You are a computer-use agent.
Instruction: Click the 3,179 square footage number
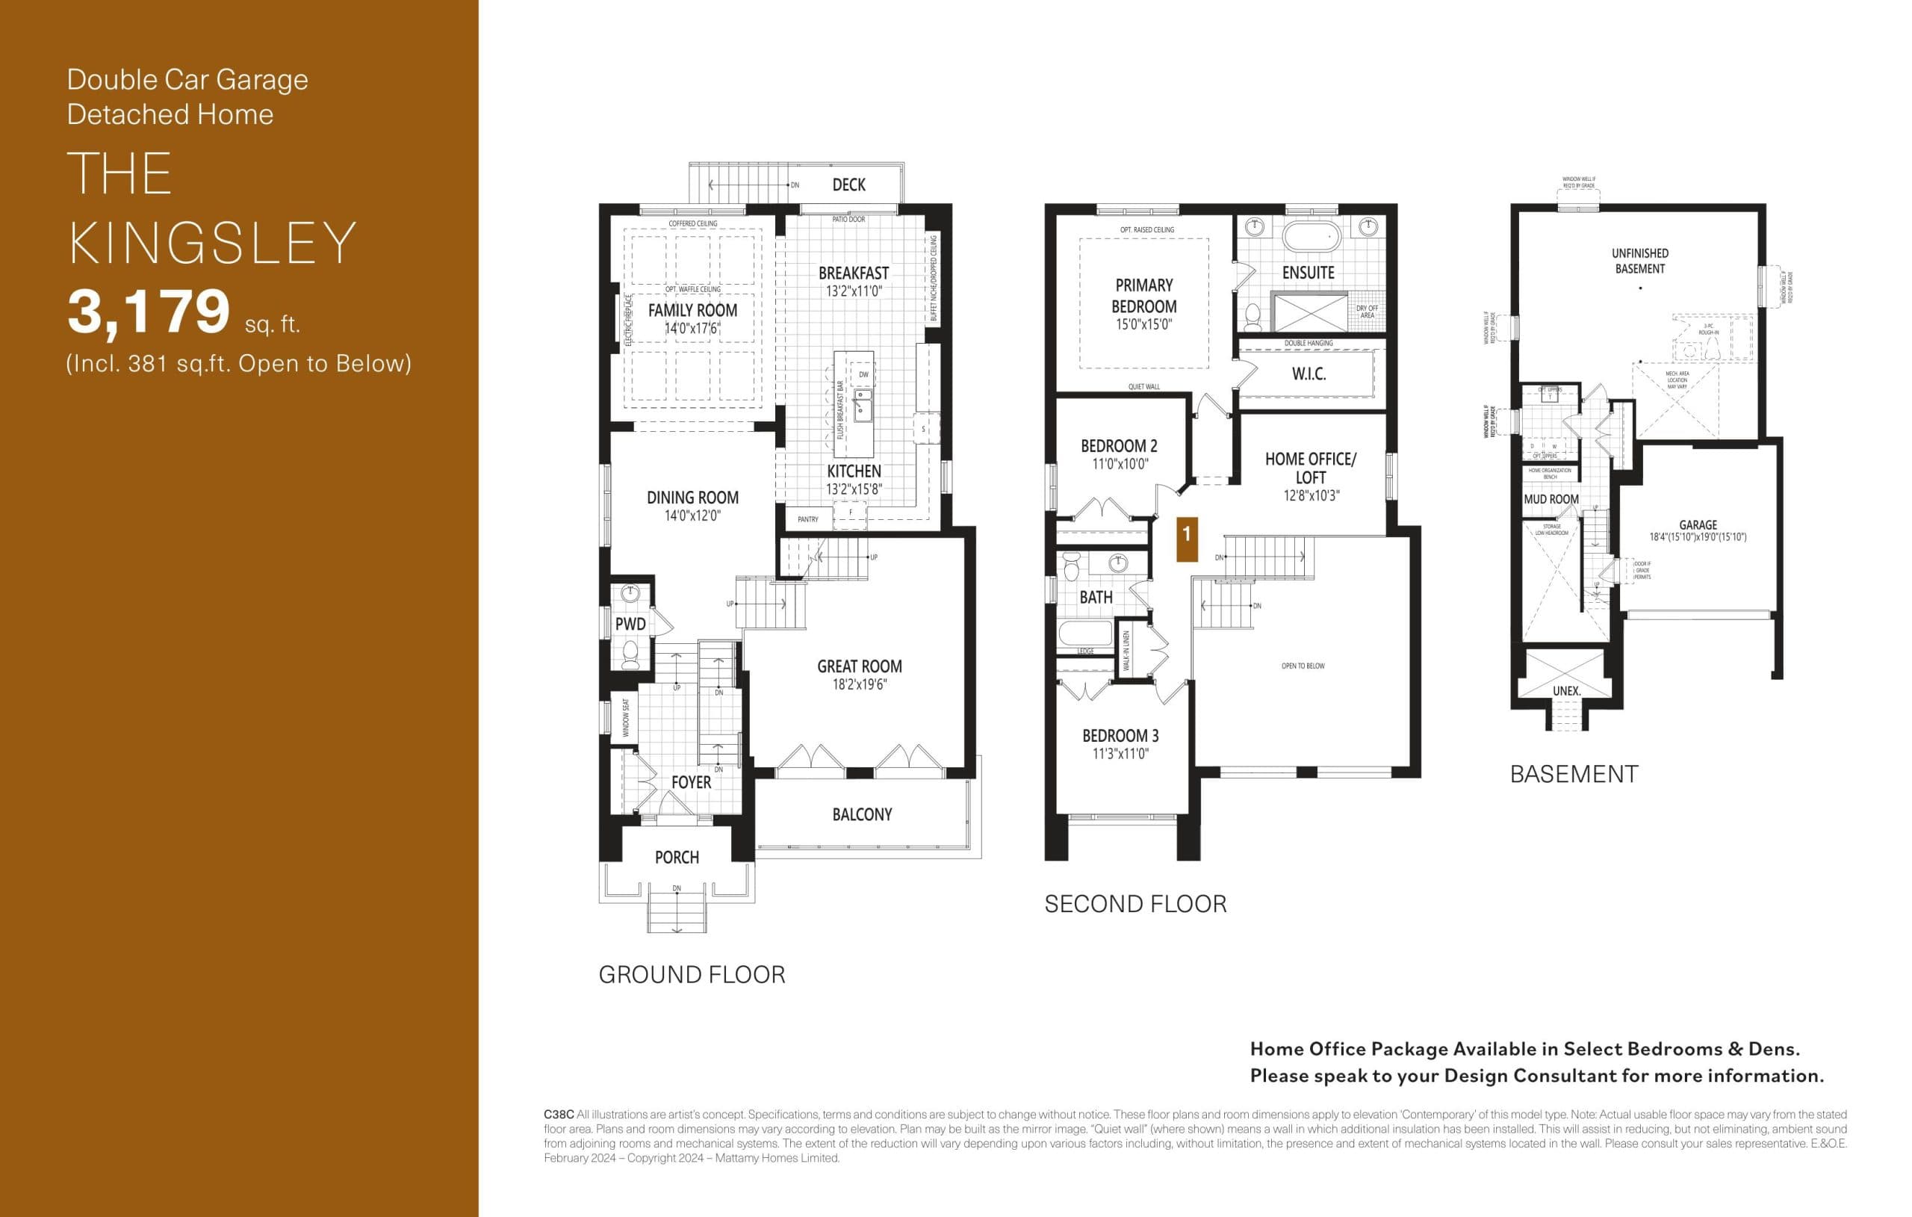coord(149,312)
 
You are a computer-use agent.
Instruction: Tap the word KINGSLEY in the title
coord(212,243)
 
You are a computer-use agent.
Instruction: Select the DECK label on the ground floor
coord(848,185)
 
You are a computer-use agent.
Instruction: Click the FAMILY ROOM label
coord(692,311)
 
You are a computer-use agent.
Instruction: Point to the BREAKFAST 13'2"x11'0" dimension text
coord(854,291)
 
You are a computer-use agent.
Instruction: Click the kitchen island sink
coord(863,404)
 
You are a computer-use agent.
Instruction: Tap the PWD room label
coord(630,625)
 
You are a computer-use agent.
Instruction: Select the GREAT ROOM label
coord(859,666)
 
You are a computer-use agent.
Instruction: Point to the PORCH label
coord(677,857)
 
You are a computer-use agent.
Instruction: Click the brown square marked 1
coord(1186,539)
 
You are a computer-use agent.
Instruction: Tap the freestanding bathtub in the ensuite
coord(1311,236)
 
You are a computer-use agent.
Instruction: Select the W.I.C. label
coord(1309,374)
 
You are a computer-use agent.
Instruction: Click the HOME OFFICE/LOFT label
coord(1310,468)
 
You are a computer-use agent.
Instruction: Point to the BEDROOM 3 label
coord(1120,736)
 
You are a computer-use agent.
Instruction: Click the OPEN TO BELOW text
coord(1303,666)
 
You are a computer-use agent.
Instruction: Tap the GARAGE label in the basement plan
coord(1698,525)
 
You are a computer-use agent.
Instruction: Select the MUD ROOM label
coord(1551,500)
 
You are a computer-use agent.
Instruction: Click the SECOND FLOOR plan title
coord(1135,904)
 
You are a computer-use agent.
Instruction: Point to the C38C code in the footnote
coord(558,1115)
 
